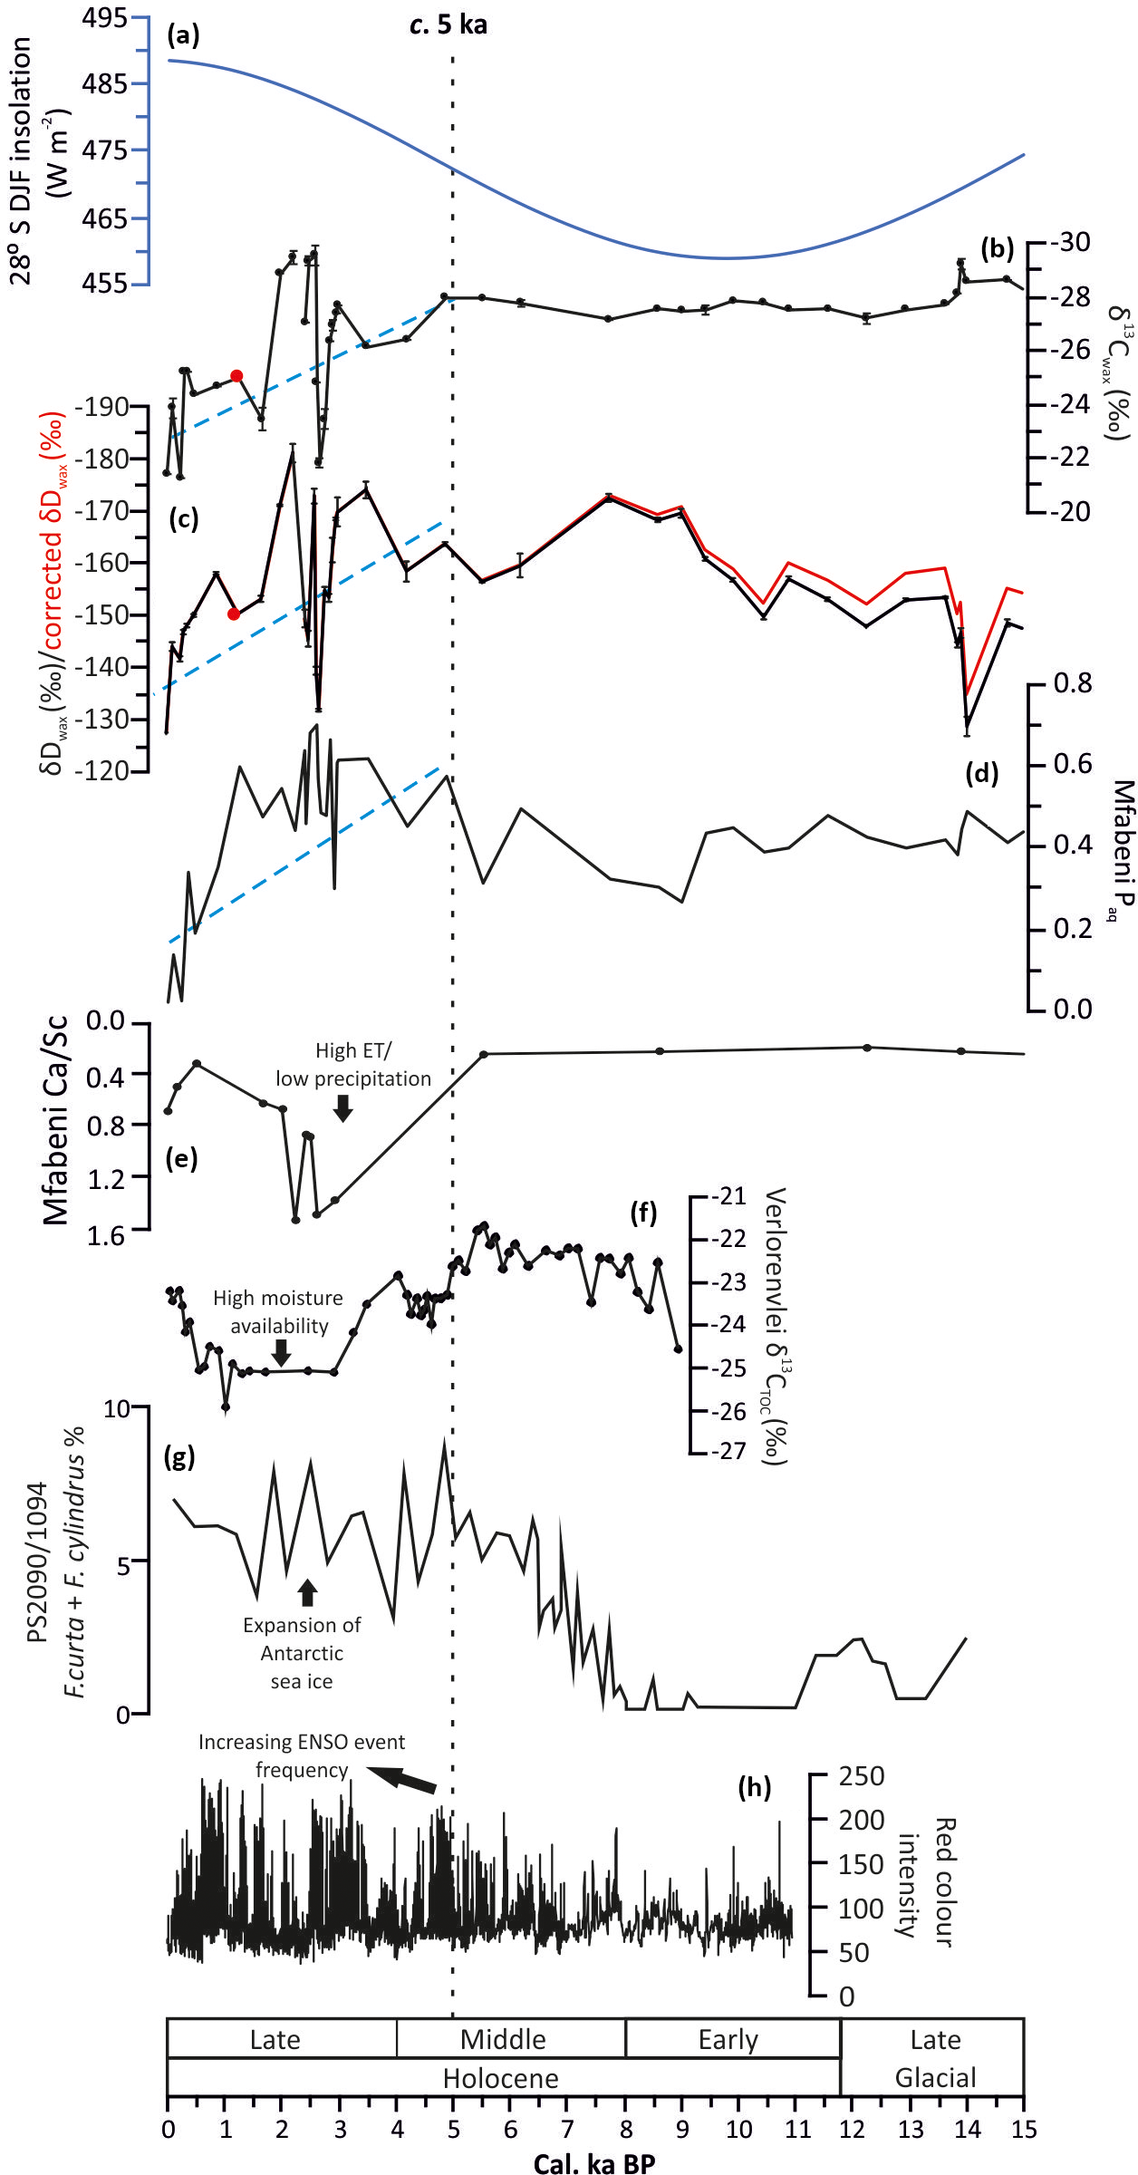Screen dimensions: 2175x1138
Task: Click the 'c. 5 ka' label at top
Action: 448,24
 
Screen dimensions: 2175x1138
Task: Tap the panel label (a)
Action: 183,35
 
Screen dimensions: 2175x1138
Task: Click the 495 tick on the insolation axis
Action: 105,17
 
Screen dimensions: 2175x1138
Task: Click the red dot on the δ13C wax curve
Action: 236,376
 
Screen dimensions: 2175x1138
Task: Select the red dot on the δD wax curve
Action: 234,614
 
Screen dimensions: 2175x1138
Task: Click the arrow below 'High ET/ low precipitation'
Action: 342,1107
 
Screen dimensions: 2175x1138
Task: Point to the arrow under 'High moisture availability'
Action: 282,1352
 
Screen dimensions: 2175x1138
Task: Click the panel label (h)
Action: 754,1787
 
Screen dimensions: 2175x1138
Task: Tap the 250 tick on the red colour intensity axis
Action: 861,1776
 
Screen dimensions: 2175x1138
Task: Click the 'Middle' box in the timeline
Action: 503,2039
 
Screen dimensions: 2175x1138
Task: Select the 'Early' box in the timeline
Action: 728,2039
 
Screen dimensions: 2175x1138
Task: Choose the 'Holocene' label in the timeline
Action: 501,2077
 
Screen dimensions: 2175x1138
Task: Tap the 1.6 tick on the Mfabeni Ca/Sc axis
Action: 106,1235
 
